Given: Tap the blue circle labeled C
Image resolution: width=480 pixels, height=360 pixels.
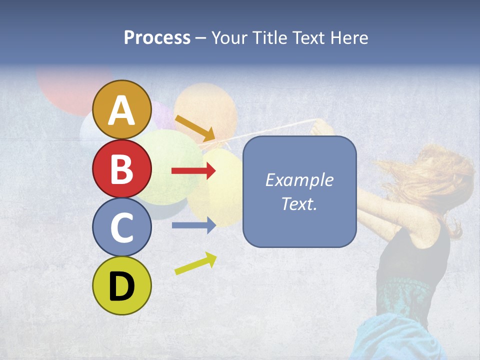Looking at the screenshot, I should point(121,227).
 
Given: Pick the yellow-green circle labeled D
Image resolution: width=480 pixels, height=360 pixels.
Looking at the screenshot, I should point(121,285).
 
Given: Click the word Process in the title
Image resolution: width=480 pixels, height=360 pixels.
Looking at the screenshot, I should point(157,37).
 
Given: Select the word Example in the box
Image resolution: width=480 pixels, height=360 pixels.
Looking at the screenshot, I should point(299,180).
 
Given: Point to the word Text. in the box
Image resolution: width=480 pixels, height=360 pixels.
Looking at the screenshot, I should point(299,203).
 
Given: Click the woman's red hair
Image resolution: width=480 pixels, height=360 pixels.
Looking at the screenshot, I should point(430,175).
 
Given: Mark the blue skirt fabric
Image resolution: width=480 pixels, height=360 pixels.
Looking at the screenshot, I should point(395,335).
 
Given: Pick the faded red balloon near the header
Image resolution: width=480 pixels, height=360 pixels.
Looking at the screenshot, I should point(65,90).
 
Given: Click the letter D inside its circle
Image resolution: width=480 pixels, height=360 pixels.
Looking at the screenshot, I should point(121,286).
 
